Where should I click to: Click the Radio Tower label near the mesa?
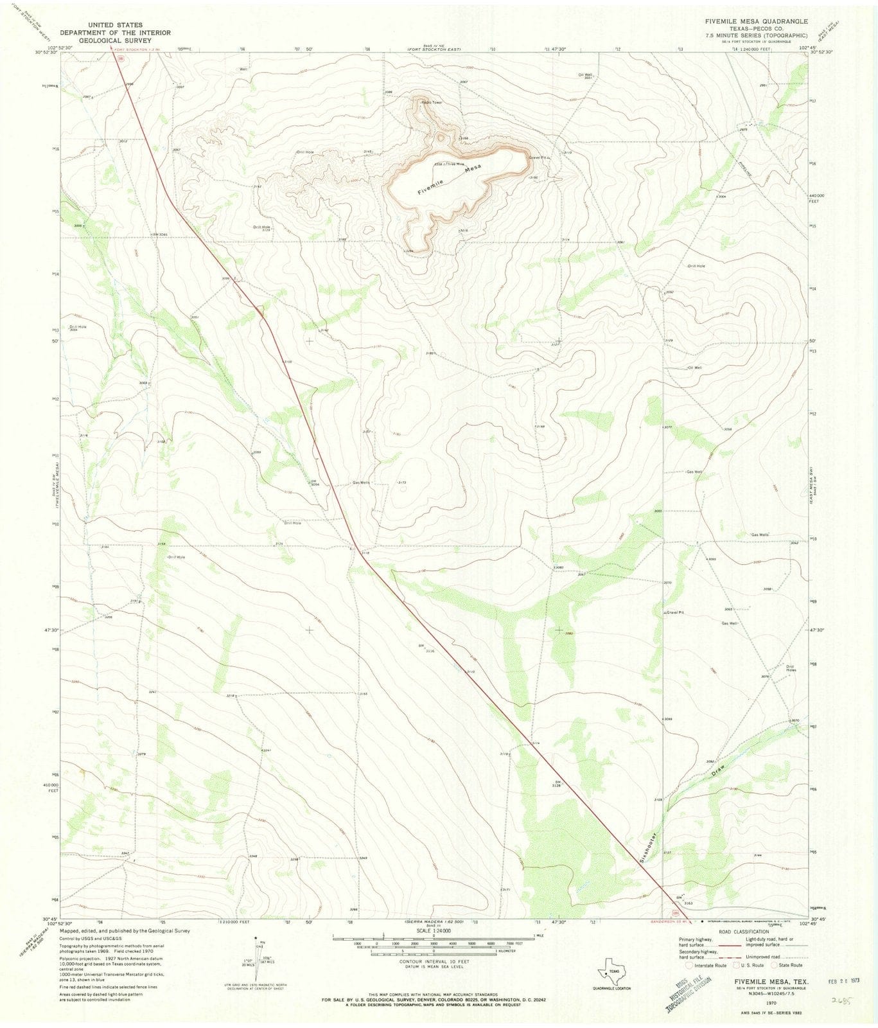[x=432, y=102]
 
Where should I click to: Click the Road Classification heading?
[x=743, y=931]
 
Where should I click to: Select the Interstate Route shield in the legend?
[x=689, y=964]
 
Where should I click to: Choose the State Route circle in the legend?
[x=775, y=964]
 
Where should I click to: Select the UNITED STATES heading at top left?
[x=115, y=25]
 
